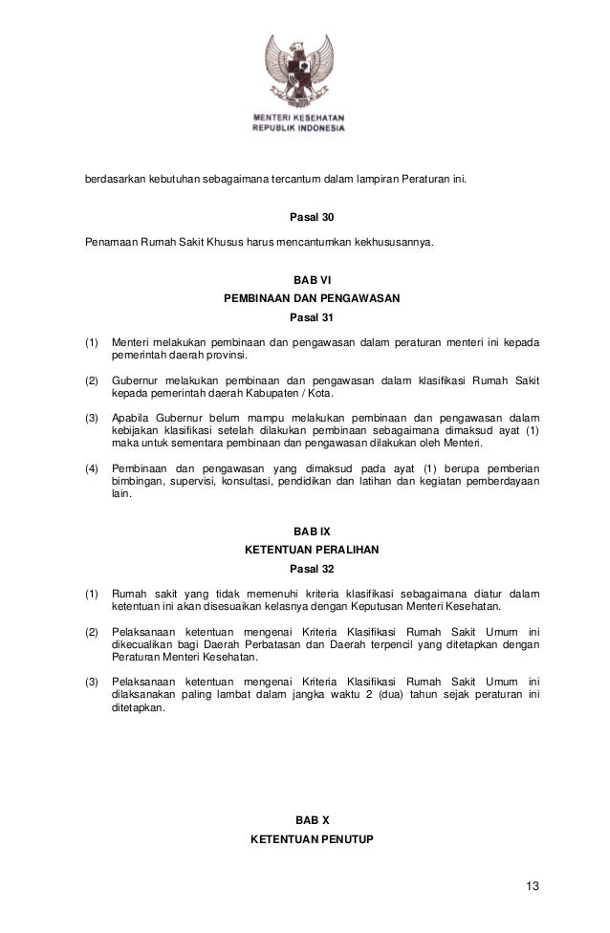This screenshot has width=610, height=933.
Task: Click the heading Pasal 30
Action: (305, 217)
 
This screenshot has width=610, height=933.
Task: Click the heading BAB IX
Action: (305, 532)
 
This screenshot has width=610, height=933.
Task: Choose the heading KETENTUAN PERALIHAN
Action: (305, 550)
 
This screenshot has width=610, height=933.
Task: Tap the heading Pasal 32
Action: (305, 568)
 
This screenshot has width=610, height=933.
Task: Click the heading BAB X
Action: (305, 820)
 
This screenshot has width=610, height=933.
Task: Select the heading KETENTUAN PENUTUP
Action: (305, 838)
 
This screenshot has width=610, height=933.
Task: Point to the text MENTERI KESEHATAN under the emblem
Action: (298, 119)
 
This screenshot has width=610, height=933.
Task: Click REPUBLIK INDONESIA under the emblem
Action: (298, 129)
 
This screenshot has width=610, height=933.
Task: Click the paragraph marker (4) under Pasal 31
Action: (92, 467)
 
